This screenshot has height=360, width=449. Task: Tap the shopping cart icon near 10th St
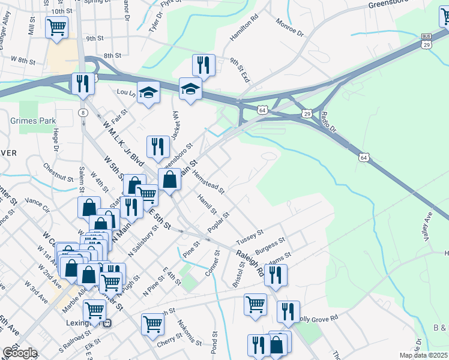56,27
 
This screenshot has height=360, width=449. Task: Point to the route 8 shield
83,113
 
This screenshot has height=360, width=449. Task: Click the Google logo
19,353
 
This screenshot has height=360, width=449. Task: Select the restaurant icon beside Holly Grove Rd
288,311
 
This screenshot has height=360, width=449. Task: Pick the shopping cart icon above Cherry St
152,324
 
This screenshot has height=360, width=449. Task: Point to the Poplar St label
218,223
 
